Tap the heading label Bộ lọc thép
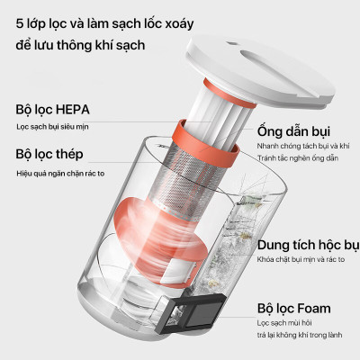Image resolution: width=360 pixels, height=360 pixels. click(x=51, y=154)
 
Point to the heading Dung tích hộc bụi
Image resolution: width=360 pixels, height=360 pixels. click(x=307, y=244)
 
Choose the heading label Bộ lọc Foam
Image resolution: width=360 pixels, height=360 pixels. click(x=293, y=308)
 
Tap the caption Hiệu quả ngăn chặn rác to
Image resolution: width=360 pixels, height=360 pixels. click(x=66, y=171)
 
